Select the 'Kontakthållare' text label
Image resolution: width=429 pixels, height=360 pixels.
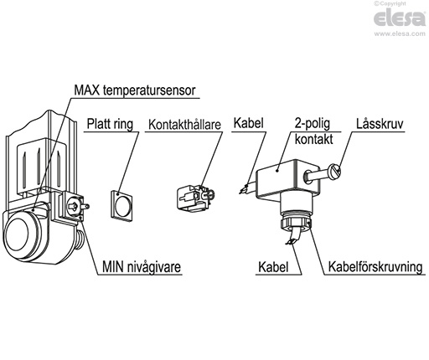pos(184,127)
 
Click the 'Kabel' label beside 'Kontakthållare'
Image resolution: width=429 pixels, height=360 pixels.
pos(249,123)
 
